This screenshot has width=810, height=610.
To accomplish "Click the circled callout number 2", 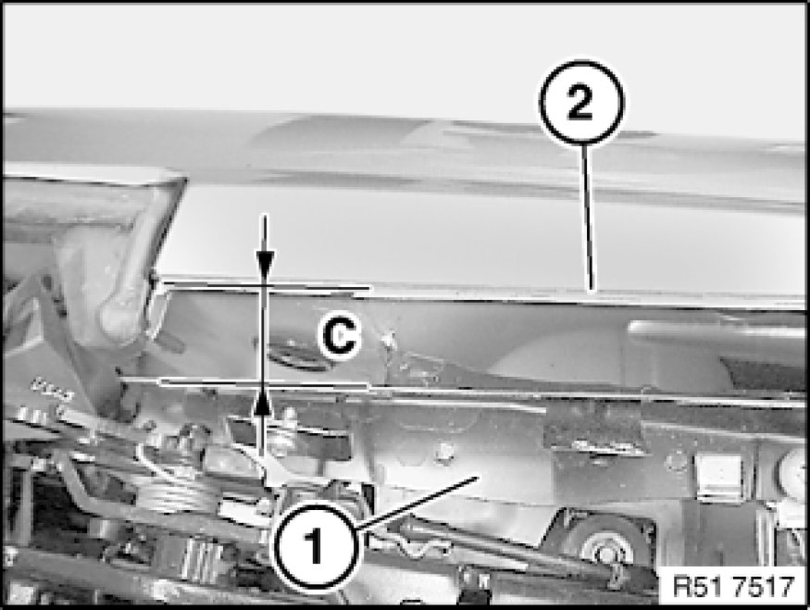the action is pos(581,102).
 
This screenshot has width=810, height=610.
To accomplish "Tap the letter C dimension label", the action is pos(340,335).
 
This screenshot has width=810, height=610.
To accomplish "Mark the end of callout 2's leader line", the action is pos(592,291).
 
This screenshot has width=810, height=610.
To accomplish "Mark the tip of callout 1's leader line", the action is pos(475,478).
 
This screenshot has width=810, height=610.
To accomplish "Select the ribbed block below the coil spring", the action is pos(199,558).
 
